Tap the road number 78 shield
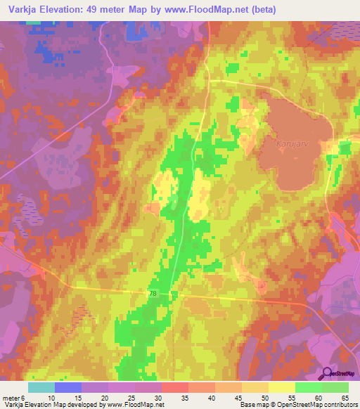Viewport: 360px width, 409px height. [x=153, y=293]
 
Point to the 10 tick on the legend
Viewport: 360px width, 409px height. [x=53, y=397]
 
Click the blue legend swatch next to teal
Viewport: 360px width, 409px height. [x=67, y=387]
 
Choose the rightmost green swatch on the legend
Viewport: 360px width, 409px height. [x=335, y=387]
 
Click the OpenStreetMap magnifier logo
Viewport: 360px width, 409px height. [x=327, y=374]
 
